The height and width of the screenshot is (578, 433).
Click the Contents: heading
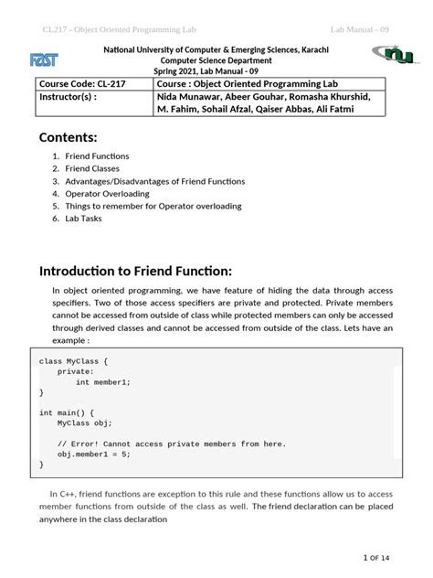tap(68, 138)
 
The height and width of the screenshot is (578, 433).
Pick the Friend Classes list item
tap(95, 169)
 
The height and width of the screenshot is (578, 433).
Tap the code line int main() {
tap(67, 412)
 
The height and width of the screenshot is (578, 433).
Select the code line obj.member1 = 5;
tap(94, 454)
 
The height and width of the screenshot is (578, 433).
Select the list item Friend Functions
tap(96, 156)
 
